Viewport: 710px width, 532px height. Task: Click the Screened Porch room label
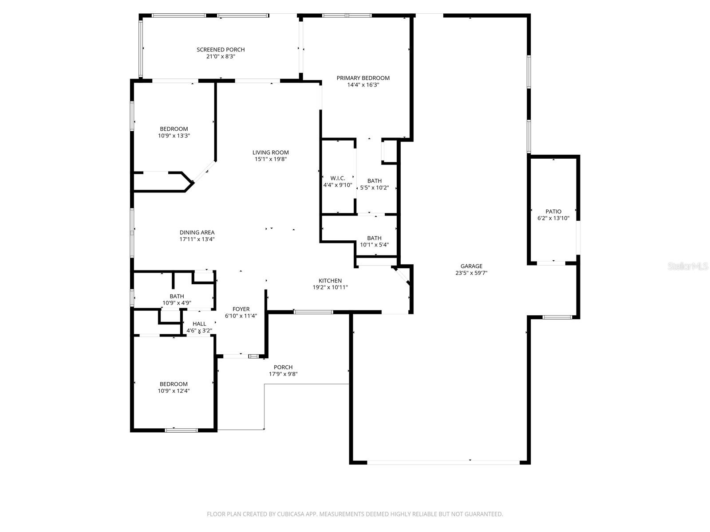tap(221, 50)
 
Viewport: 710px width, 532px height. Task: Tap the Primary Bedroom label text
tap(363, 78)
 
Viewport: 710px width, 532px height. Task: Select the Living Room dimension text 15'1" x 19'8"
tap(271, 159)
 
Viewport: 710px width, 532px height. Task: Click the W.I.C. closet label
tap(338, 178)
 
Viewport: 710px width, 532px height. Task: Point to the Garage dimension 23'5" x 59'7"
tap(471, 273)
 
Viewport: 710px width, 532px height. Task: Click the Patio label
tap(553, 211)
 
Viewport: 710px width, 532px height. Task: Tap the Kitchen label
tap(330, 281)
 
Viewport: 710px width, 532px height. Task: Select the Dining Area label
tap(197, 232)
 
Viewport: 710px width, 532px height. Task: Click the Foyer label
tap(241, 309)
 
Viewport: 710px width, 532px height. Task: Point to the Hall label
tap(199, 324)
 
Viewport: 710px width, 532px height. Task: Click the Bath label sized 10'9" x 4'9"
tap(177, 296)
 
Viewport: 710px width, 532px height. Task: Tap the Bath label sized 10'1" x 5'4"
tap(374, 238)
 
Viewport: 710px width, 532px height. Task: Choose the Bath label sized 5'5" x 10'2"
tap(374, 181)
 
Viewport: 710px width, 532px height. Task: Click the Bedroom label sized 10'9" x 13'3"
tap(174, 129)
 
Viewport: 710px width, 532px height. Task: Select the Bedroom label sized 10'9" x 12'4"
tap(174, 384)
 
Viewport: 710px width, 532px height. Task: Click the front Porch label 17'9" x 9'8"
tap(283, 367)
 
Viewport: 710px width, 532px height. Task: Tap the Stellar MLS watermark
tap(688, 266)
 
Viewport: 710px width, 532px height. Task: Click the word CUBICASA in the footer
tap(291, 514)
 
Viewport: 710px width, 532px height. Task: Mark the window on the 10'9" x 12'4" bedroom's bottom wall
tap(181, 430)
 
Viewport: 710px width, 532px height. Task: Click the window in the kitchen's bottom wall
tap(313, 312)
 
